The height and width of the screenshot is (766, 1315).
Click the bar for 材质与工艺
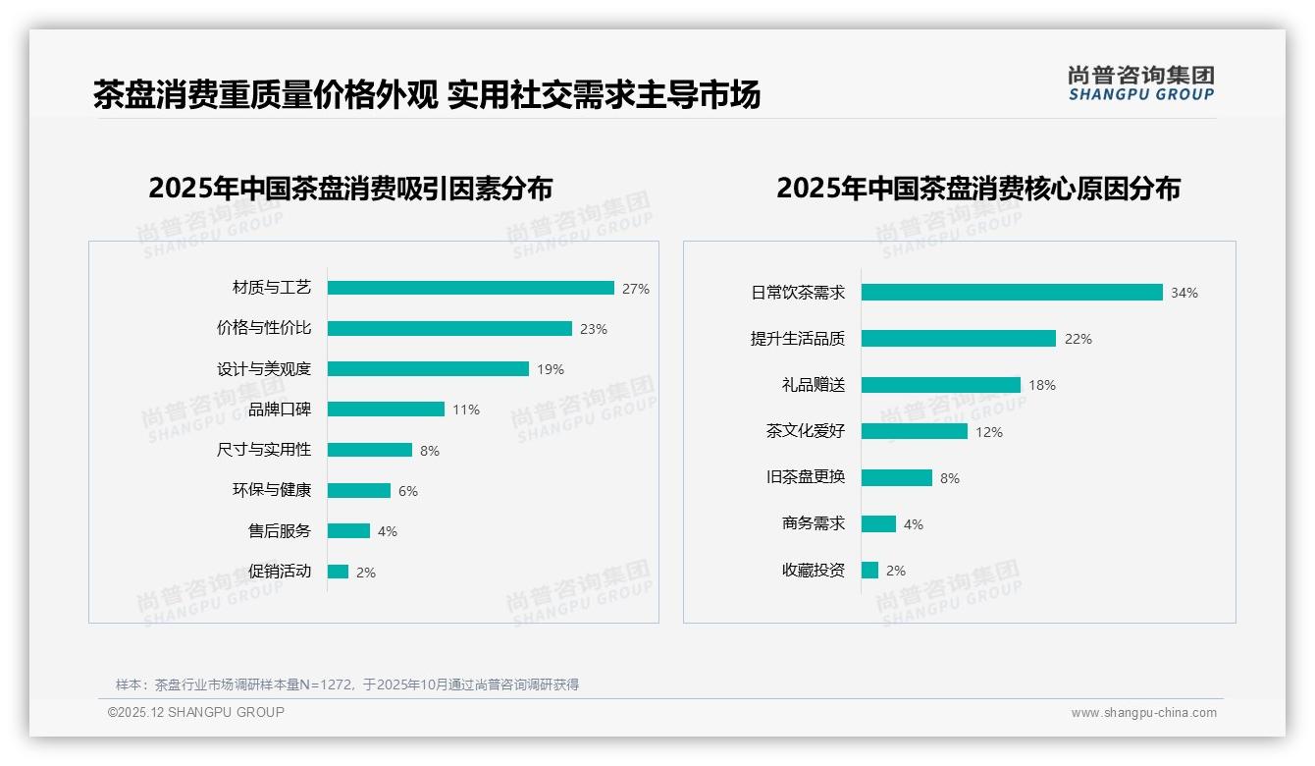coord(471,288)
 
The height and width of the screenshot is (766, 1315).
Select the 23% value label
coord(594,329)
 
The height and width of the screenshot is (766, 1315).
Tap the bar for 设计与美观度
coord(428,369)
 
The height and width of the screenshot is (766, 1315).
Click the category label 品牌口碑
coord(280,410)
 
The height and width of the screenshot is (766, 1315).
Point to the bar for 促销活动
coord(338,572)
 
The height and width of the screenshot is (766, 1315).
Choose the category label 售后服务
coord(280,531)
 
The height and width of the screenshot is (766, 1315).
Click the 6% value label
coord(408,491)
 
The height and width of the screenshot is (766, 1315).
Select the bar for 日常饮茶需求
coord(1012,292)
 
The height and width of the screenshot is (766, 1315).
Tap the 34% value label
coord(1184,293)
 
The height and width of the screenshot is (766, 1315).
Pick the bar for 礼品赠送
coord(941,385)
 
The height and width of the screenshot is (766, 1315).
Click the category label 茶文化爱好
coord(806,431)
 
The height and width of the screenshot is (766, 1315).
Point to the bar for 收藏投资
coord(869,570)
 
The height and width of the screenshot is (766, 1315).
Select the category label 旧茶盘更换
coord(806,477)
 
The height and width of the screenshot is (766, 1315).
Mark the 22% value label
coord(1078,339)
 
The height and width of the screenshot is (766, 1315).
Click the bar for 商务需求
coord(878,523)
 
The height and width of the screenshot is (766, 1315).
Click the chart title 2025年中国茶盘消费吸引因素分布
coord(350,188)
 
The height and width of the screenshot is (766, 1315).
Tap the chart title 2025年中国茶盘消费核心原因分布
coord(978,188)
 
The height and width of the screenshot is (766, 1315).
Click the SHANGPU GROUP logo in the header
coord(1141,83)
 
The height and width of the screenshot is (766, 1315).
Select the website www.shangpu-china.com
coord(1143,713)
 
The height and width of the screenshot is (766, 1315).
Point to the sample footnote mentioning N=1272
coord(347,684)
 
